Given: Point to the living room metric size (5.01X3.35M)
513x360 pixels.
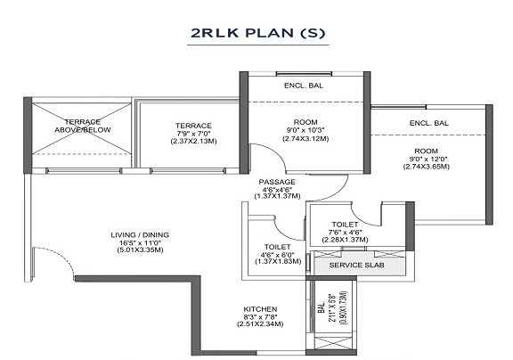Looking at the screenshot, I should click(140, 253).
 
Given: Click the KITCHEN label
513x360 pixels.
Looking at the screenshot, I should click(260, 309).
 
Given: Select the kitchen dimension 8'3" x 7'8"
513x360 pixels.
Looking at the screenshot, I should click(260, 317).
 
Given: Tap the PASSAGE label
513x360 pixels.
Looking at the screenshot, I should click(277, 182).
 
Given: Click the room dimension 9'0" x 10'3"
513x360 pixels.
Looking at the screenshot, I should click(305, 130).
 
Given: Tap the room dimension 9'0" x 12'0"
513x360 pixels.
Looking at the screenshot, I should click(427, 159).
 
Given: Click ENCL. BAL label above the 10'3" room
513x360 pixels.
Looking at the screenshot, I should click(304, 86).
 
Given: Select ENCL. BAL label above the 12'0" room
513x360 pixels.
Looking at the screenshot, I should click(428, 123).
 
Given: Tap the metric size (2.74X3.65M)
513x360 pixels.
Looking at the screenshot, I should click(427, 167).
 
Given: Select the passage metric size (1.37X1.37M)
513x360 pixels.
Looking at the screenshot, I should click(277, 198).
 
